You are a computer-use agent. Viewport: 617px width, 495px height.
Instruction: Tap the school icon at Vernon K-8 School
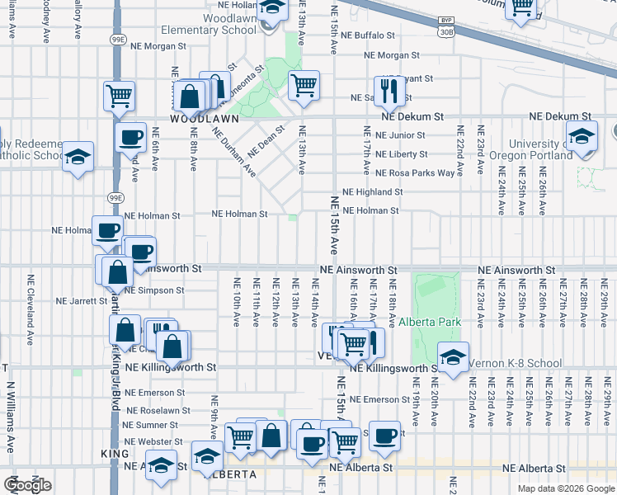click(453, 356)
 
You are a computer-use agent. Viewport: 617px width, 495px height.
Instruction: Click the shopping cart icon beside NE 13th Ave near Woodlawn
click(304, 84)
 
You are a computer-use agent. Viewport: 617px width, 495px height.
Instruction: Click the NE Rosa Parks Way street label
click(415, 173)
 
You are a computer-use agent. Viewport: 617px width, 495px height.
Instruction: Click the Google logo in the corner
click(27, 485)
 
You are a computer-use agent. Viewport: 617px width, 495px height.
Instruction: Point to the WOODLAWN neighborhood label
click(204, 119)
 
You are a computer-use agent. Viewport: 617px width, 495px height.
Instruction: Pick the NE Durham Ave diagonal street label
click(234, 153)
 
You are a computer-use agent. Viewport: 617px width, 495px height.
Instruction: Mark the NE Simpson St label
click(155, 290)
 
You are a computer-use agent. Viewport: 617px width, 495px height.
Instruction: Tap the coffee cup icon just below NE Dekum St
click(130, 136)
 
